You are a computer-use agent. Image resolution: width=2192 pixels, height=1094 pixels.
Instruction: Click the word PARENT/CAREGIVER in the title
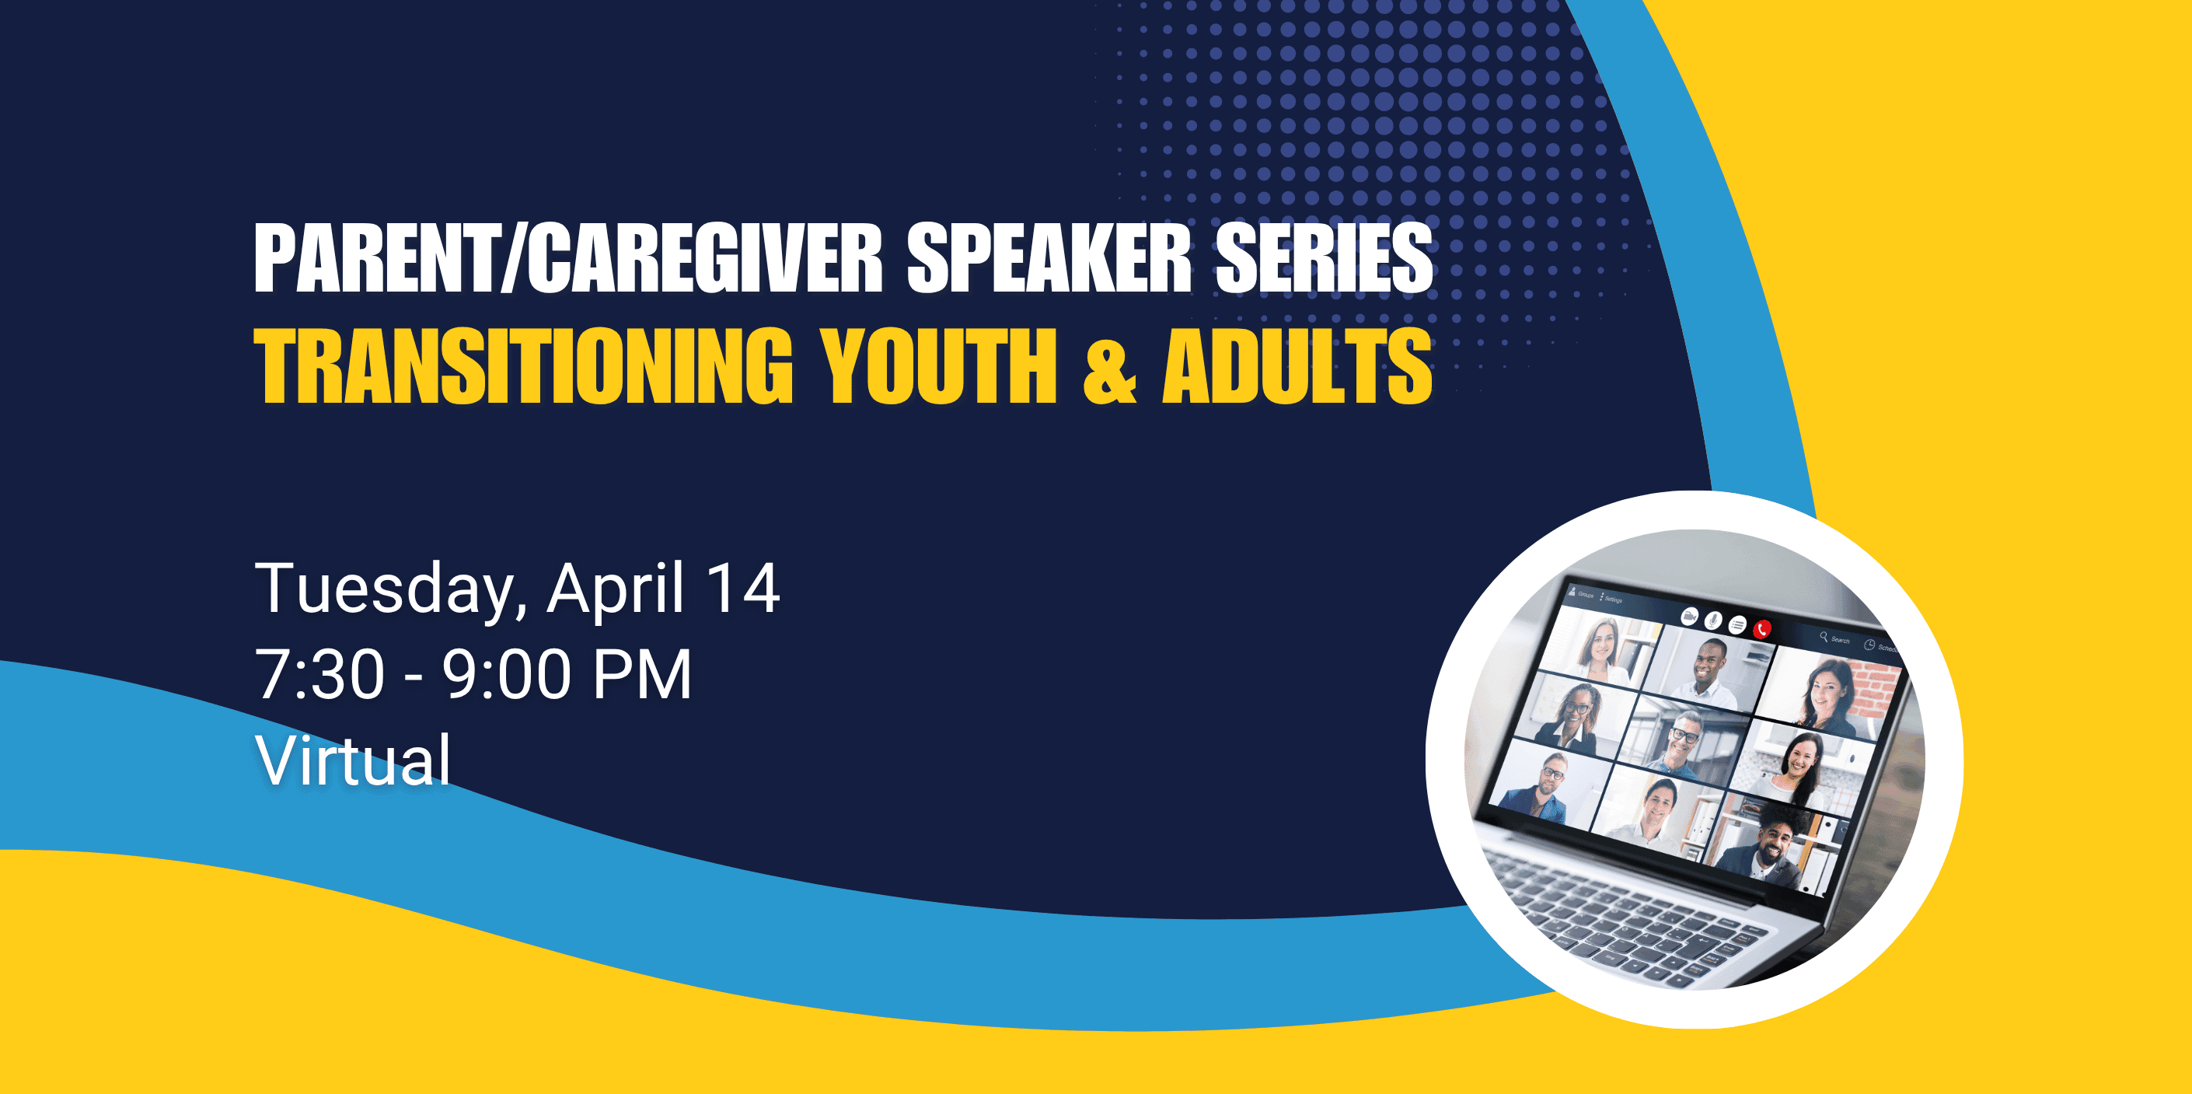[568, 258]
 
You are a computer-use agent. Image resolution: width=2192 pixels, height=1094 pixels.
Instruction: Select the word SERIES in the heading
[1324, 258]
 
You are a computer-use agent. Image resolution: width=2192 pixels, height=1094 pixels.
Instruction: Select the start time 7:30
[320, 674]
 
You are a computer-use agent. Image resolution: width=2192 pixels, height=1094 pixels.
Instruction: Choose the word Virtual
[353, 760]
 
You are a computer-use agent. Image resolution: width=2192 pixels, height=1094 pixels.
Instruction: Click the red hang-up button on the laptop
[1762, 628]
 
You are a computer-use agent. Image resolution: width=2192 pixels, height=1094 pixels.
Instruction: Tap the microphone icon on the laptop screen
[1714, 620]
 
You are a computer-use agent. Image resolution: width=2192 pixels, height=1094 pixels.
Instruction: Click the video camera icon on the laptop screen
[1691, 617]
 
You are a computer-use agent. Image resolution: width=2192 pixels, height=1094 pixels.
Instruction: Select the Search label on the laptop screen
[1841, 639]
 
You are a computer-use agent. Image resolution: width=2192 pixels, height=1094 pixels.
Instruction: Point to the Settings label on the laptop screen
[1614, 599]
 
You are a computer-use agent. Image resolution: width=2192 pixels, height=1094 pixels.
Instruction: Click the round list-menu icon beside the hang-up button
[1737, 625]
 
